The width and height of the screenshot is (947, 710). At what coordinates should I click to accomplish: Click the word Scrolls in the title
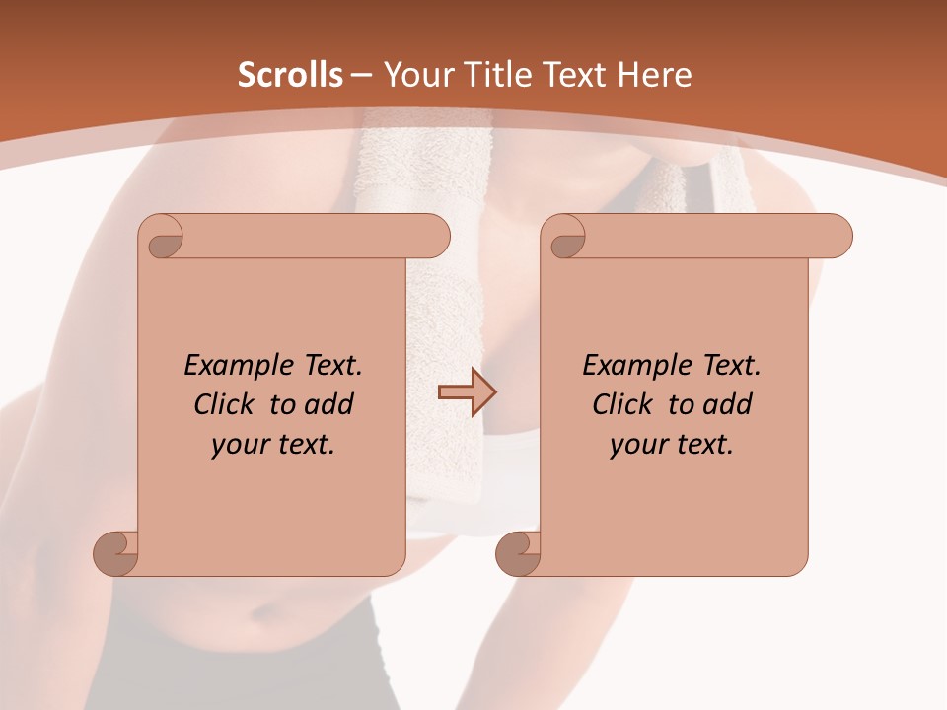(291, 75)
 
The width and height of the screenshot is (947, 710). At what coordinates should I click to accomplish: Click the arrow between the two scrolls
(467, 392)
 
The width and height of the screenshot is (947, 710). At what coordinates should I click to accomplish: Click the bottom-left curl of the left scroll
(115, 553)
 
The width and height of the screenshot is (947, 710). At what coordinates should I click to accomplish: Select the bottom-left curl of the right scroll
(518, 553)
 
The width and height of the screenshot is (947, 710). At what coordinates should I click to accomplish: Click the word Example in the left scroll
(234, 366)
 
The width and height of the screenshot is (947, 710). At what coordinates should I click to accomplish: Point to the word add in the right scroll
(729, 404)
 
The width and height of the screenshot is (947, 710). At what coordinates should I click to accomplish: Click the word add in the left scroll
(330, 404)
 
